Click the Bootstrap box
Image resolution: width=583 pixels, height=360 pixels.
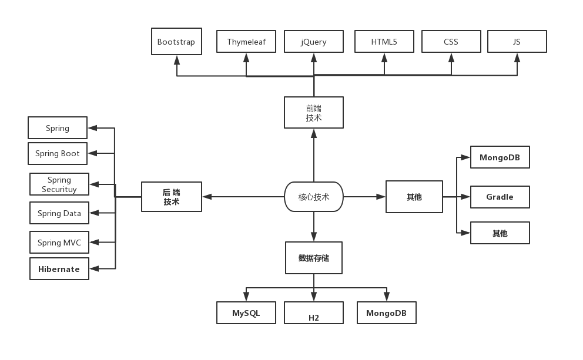coord(176,42)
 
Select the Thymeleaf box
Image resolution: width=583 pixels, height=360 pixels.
coord(246,42)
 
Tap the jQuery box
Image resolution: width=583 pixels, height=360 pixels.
coord(313,42)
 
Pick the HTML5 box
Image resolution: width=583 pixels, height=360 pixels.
coord(384,42)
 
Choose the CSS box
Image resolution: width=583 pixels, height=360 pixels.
coord(451,42)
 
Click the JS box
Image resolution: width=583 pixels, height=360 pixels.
coord(517,42)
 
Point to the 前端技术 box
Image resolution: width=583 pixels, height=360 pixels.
coord(313,113)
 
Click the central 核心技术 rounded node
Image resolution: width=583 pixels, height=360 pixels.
coord(313,197)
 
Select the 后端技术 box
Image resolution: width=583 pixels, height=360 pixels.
coord(172,197)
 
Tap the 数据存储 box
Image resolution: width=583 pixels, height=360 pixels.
coord(313,258)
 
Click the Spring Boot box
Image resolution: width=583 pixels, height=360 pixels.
coord(58,154)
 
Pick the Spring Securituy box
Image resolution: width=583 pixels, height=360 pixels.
coord(59,184)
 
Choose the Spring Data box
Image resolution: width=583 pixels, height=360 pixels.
coord(59,213)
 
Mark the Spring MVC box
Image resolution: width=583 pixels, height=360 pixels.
coord(59,243)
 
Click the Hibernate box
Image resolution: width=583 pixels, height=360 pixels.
coord(59,269)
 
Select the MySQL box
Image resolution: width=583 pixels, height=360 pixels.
coord(246,313)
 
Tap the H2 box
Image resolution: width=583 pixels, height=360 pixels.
coord(313,313)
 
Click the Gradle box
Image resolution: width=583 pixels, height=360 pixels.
coord(500,197)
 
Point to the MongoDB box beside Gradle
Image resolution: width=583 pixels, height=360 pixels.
coord(500,157)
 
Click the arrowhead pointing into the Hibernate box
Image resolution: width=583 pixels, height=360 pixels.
coord(93,269)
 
